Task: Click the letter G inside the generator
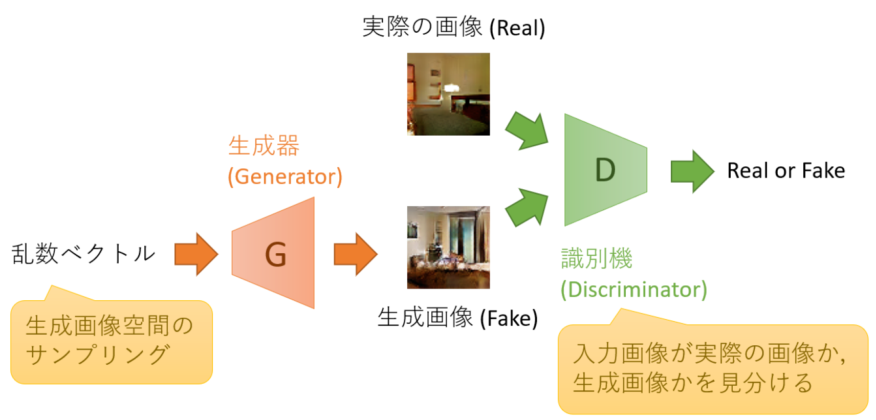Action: (x=275, y=254)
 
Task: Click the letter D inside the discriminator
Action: (x=605, y=170)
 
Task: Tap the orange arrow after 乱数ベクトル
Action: (x=196, y=254)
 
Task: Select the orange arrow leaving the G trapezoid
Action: (x=355, y=254)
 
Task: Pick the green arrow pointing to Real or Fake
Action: (x=692, y=171)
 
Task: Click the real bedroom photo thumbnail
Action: (x=448, y=94)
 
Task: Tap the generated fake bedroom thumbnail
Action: (x=448, y=247)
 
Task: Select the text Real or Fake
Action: (x=786, y=171)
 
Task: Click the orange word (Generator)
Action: (x=285, y=176)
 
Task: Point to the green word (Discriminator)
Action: (x=633, y=290)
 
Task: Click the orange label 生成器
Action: (x=264, y=146)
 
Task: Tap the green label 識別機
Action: (x=597, y=258)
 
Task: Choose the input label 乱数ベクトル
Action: (x=83, y=254)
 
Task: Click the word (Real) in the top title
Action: (x=517, y=28)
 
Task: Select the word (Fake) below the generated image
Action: (x=509, y=318)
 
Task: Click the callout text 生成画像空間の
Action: (x=109, y=326)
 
